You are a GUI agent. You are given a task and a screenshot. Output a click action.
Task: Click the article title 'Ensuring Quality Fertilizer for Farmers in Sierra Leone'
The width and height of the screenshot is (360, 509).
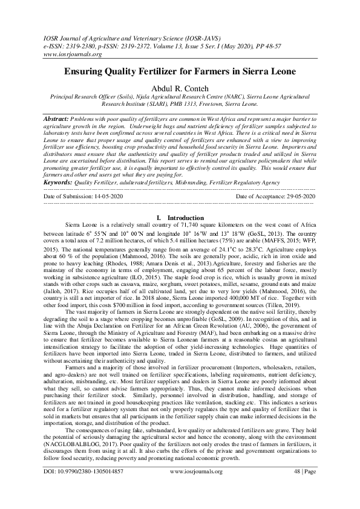[x=180, y=71]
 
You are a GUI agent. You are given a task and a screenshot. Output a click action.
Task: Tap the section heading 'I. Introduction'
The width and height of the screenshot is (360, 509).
[x=180, y=217]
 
